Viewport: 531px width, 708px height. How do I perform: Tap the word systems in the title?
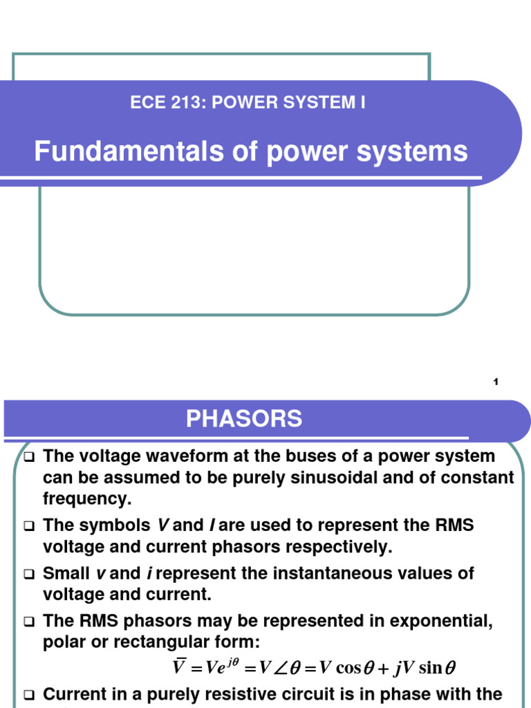pos(423,151)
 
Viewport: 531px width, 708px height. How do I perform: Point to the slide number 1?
pos(496,383)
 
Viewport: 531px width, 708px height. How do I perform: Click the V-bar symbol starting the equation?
pos(179,668)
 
